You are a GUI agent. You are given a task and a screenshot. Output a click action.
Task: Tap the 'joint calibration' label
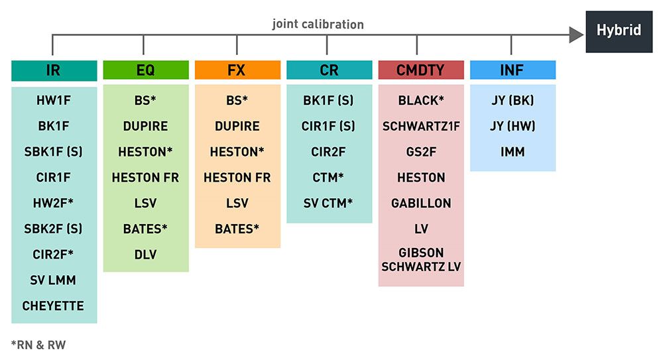pos(318,24)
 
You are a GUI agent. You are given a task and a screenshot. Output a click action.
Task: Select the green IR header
pos(54,70)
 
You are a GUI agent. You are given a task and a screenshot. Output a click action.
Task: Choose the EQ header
pos(145,70)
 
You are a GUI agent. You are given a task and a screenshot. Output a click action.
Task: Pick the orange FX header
pos(237,70)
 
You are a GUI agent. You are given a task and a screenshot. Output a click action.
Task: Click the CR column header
pos(329,70)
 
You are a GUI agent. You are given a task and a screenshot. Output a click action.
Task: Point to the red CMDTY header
pos(420,70)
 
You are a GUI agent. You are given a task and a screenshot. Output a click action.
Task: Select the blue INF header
pos(512,70)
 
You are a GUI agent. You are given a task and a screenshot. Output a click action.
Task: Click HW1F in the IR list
pos(54,101)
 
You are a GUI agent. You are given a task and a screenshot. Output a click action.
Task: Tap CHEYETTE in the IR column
pos(54,306)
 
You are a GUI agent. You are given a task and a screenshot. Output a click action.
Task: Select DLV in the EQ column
pos(145,255)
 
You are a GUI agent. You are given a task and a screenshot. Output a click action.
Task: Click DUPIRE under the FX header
pos(237,126)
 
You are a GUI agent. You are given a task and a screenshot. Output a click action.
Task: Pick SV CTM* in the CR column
pos(329,203)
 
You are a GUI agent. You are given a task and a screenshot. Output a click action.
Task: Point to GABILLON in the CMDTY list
pos(420,203)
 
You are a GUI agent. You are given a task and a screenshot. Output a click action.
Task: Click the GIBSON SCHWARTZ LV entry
pos(420,260)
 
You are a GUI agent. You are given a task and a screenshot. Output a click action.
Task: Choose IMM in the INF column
pos(512,152)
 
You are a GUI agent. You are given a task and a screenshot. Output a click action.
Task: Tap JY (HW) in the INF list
pos(512,126)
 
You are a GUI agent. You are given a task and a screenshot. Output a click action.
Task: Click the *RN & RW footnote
pos(38,345)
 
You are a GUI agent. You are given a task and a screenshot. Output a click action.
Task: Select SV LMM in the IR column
pos(54,280)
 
